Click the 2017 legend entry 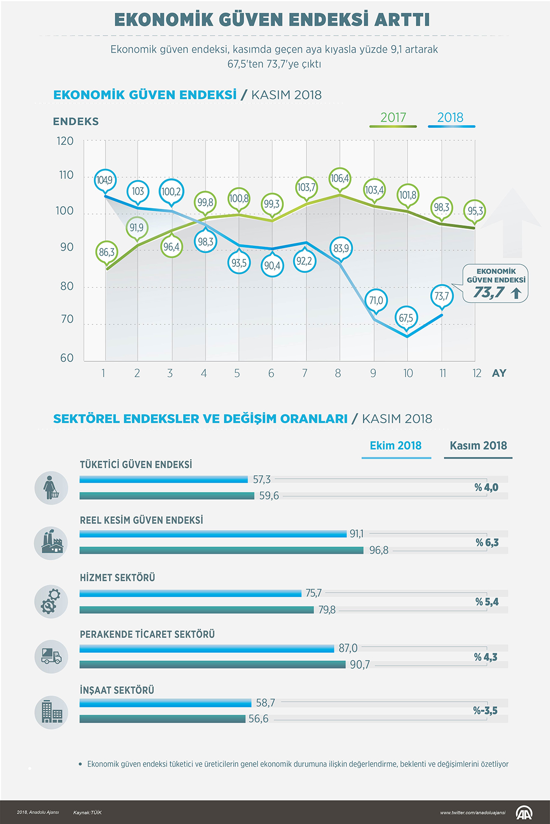click(x=393, y=118)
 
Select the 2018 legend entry click(x=450, y=118)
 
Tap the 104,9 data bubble click(x=105, y=180)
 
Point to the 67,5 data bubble click(x=406, y=318)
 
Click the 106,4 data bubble click(x=340, y=178)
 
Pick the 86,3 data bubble click(x=107, y=252)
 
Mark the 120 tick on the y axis click(x=65, y=141)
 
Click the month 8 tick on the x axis click(x=338, y=374)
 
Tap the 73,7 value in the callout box click(x=489, y=293)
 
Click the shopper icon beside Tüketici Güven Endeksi click(x=51, y=488)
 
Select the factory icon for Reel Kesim click(x=51, y=543)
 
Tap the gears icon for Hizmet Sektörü click(x=51, y=601)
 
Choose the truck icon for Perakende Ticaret click(x=51, y=657)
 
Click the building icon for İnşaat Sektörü click(x=51, y=712)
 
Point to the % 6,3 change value click(x=487, y=543)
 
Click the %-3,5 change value click(x=485, y=711)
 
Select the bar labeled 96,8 click(x=221, y=550)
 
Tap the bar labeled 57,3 click(x=164, y=479)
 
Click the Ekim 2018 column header click(x=395, y=446)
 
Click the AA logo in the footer click(x=523, y=813)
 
